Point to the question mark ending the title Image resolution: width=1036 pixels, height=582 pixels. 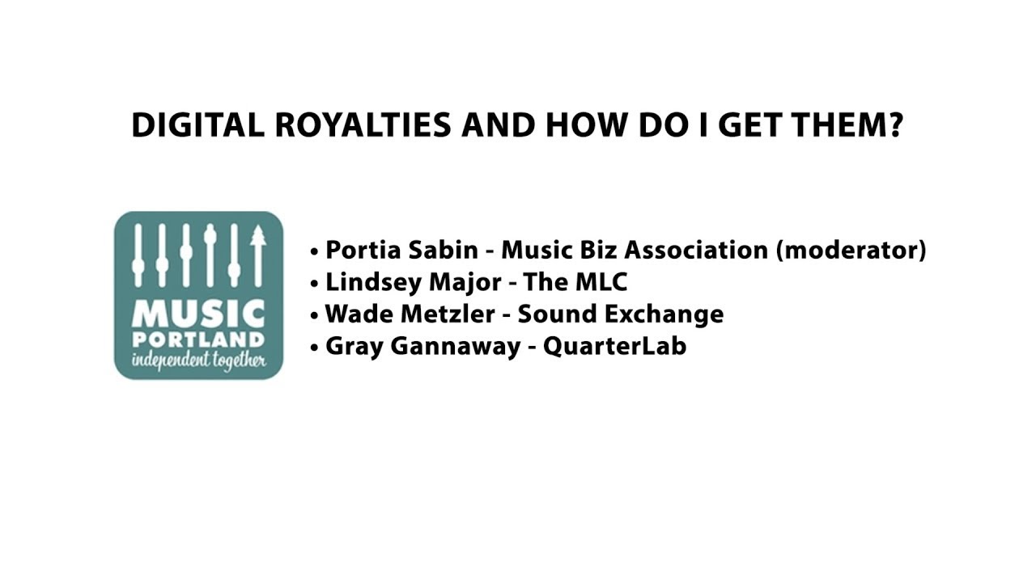(x=894, y=125)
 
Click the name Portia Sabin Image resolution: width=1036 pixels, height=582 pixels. (x=401, y=250)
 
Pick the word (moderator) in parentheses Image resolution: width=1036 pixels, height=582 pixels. (x=851, y=251)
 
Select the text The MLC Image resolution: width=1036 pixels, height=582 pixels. (x=575, y=282)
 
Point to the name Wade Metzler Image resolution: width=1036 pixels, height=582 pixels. (x=410, y=314)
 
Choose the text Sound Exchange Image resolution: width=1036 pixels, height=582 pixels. (x=621, y=314)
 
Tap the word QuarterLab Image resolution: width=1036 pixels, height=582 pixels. (x=614, y=346)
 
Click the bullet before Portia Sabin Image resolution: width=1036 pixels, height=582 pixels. (x=314, y=251)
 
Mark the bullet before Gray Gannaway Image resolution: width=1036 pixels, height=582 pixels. (x=314, y=348)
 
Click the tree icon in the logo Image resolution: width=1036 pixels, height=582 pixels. (x=258, y=254)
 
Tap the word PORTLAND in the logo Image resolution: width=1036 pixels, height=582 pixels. (x=198, y=339)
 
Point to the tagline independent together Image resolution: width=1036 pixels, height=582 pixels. (x=198, y=360)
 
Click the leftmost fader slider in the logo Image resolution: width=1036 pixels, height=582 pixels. (x=138, y=254)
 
